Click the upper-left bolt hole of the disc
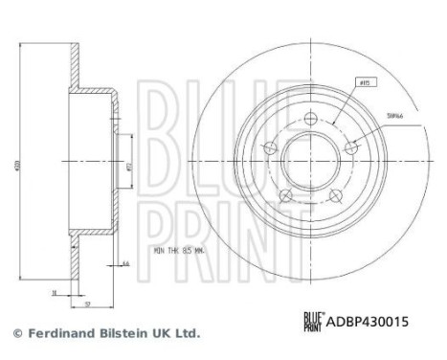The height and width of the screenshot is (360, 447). click(x=271, y=146)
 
